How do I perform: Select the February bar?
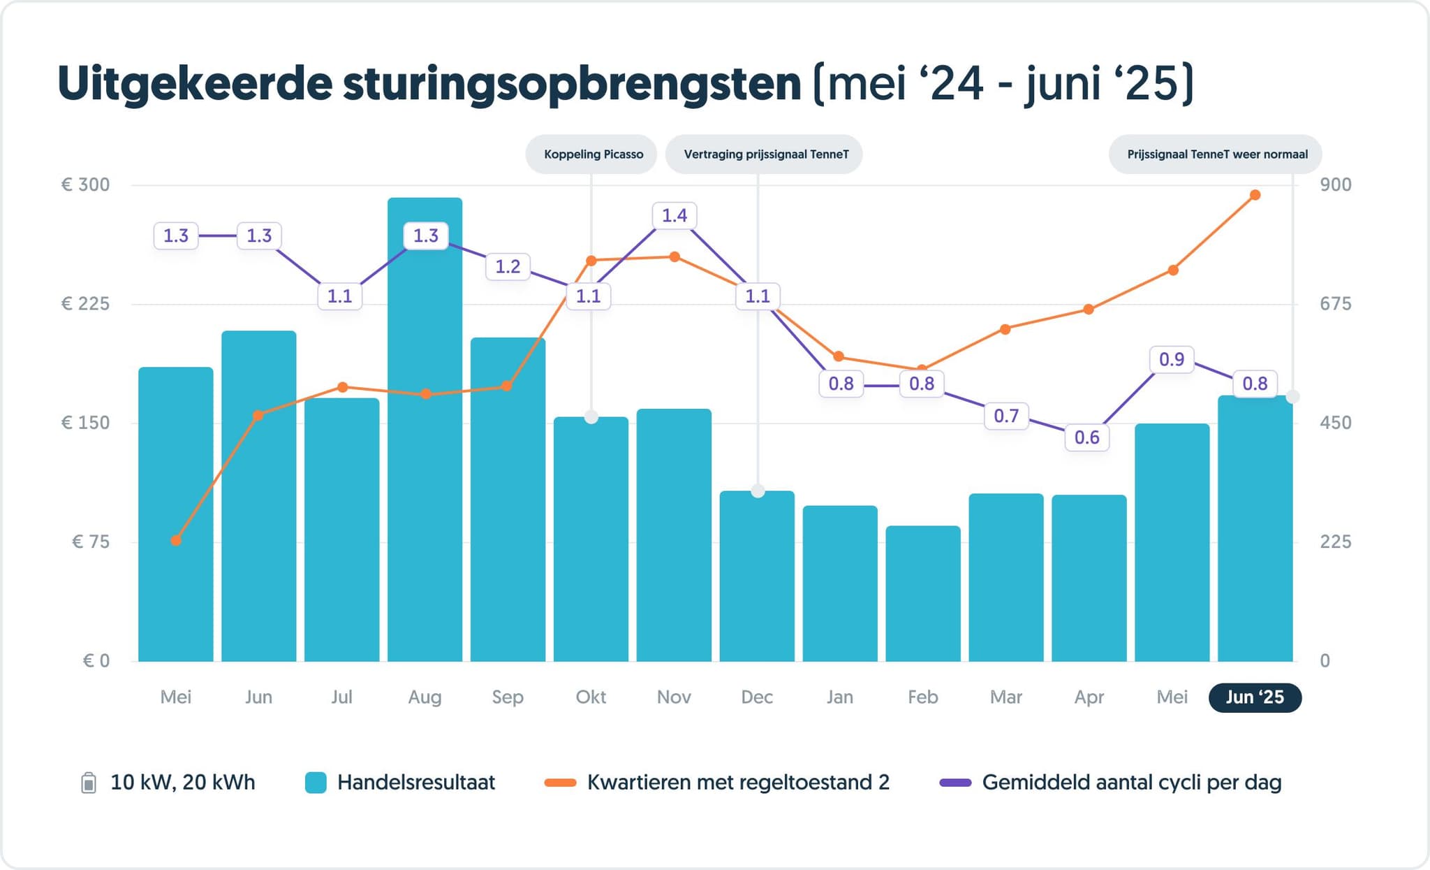pyautogui.click(x=922, y=594)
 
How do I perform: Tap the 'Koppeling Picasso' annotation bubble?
pyautogui.click(x=592, y=154)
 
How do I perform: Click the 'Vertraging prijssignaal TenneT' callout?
pyautogui.click(x=765, y=154)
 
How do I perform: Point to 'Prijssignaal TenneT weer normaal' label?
pyautogui.click(x=1216, y=154)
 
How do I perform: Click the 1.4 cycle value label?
pyautogui.click(x=674, y=216)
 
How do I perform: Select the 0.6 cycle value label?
pyautogui.click(x=1086, y=438)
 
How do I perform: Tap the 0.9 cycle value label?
pyautogui.click(x=1171, y=360)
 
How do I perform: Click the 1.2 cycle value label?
pyautogui.click(x=508, y=267)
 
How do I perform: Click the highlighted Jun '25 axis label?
pyautogui.click(x=1254, y=697)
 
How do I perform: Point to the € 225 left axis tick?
pyautogui.click(x=85, y=304)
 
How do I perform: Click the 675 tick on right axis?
pyautogui.click(x=1335, y=304)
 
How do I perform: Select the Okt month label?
pyautogui.click(x=591, y=697)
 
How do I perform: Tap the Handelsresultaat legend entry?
pyautogui.click(x=400, y=783)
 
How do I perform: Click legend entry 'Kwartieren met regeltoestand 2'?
pyautogui.click(x=717, y=783)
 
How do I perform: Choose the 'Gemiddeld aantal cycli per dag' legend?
pyautogui.click(x=1110, y=783)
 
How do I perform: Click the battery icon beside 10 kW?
pyautogui.click(x=89, y=783)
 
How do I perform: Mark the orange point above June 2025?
pyautogui.click(x=1255, y=195)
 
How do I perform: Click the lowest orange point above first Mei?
pyautogui.click(x=176, y=540)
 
